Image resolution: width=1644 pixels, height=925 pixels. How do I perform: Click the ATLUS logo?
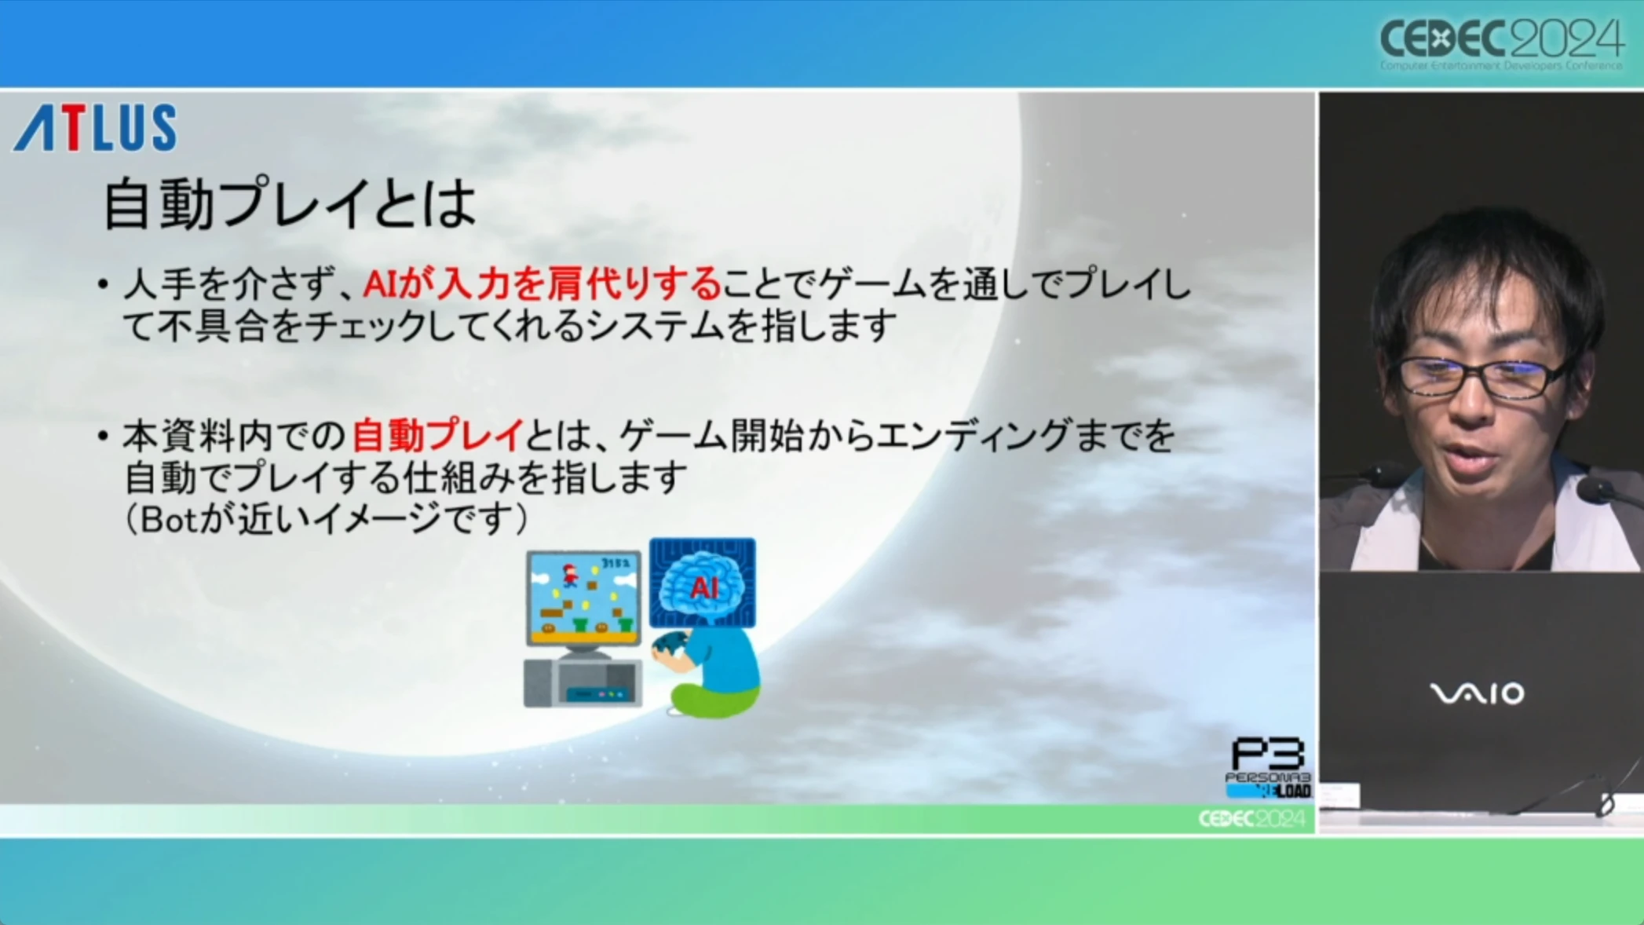click(95, 127)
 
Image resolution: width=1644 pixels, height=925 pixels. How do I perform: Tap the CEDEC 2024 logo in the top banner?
click(1500, 44)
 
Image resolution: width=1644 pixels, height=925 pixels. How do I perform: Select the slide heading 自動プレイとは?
click(290, 204)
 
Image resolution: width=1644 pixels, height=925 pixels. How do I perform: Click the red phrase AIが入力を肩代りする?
click(542, 283)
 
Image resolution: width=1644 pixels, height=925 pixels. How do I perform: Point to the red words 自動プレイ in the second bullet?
click(437, 436)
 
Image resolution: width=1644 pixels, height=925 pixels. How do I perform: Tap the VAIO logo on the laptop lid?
click(1477, 693)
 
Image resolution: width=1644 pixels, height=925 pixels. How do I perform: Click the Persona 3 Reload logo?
click(1268, 768)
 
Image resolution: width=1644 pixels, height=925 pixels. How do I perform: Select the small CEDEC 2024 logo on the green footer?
click(1251, 819)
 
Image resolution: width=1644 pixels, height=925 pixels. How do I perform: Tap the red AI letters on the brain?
click(703, 587)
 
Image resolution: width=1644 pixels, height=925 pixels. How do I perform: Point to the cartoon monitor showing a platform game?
click(583, 598)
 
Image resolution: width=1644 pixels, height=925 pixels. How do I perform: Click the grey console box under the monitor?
click(583, 683)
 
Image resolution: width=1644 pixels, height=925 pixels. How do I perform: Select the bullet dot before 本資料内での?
click(103, 436)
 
